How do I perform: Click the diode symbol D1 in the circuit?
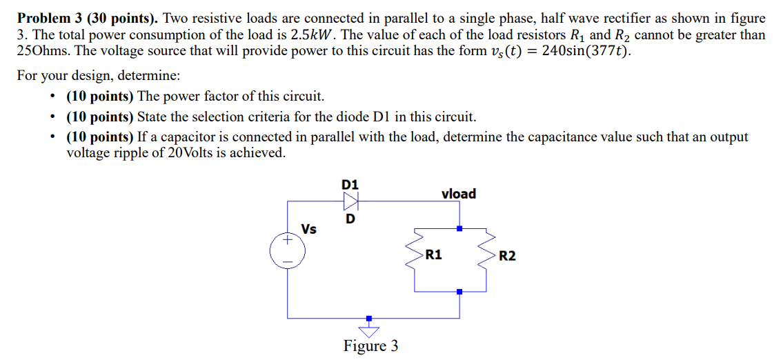click(350, 201)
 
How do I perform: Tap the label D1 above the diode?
click(350, 184)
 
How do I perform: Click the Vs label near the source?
click(309, 229)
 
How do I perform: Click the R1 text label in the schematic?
click(434, 255)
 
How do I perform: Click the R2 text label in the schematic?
click(507, 256)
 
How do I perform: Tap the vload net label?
click(459, 194)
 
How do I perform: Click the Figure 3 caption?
click(370, 346)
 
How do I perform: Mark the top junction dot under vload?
click(459, 228)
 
